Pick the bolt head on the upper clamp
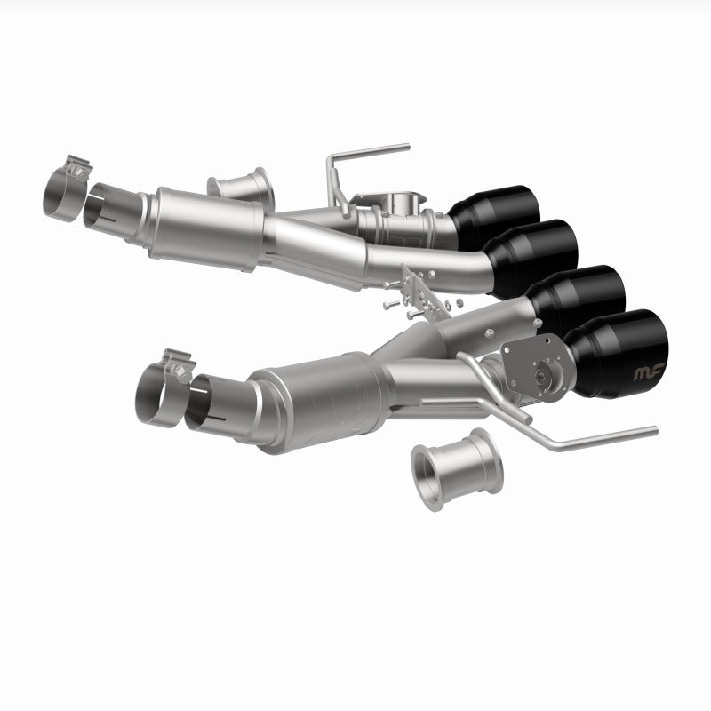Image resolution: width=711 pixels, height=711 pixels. tap(80, 165)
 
